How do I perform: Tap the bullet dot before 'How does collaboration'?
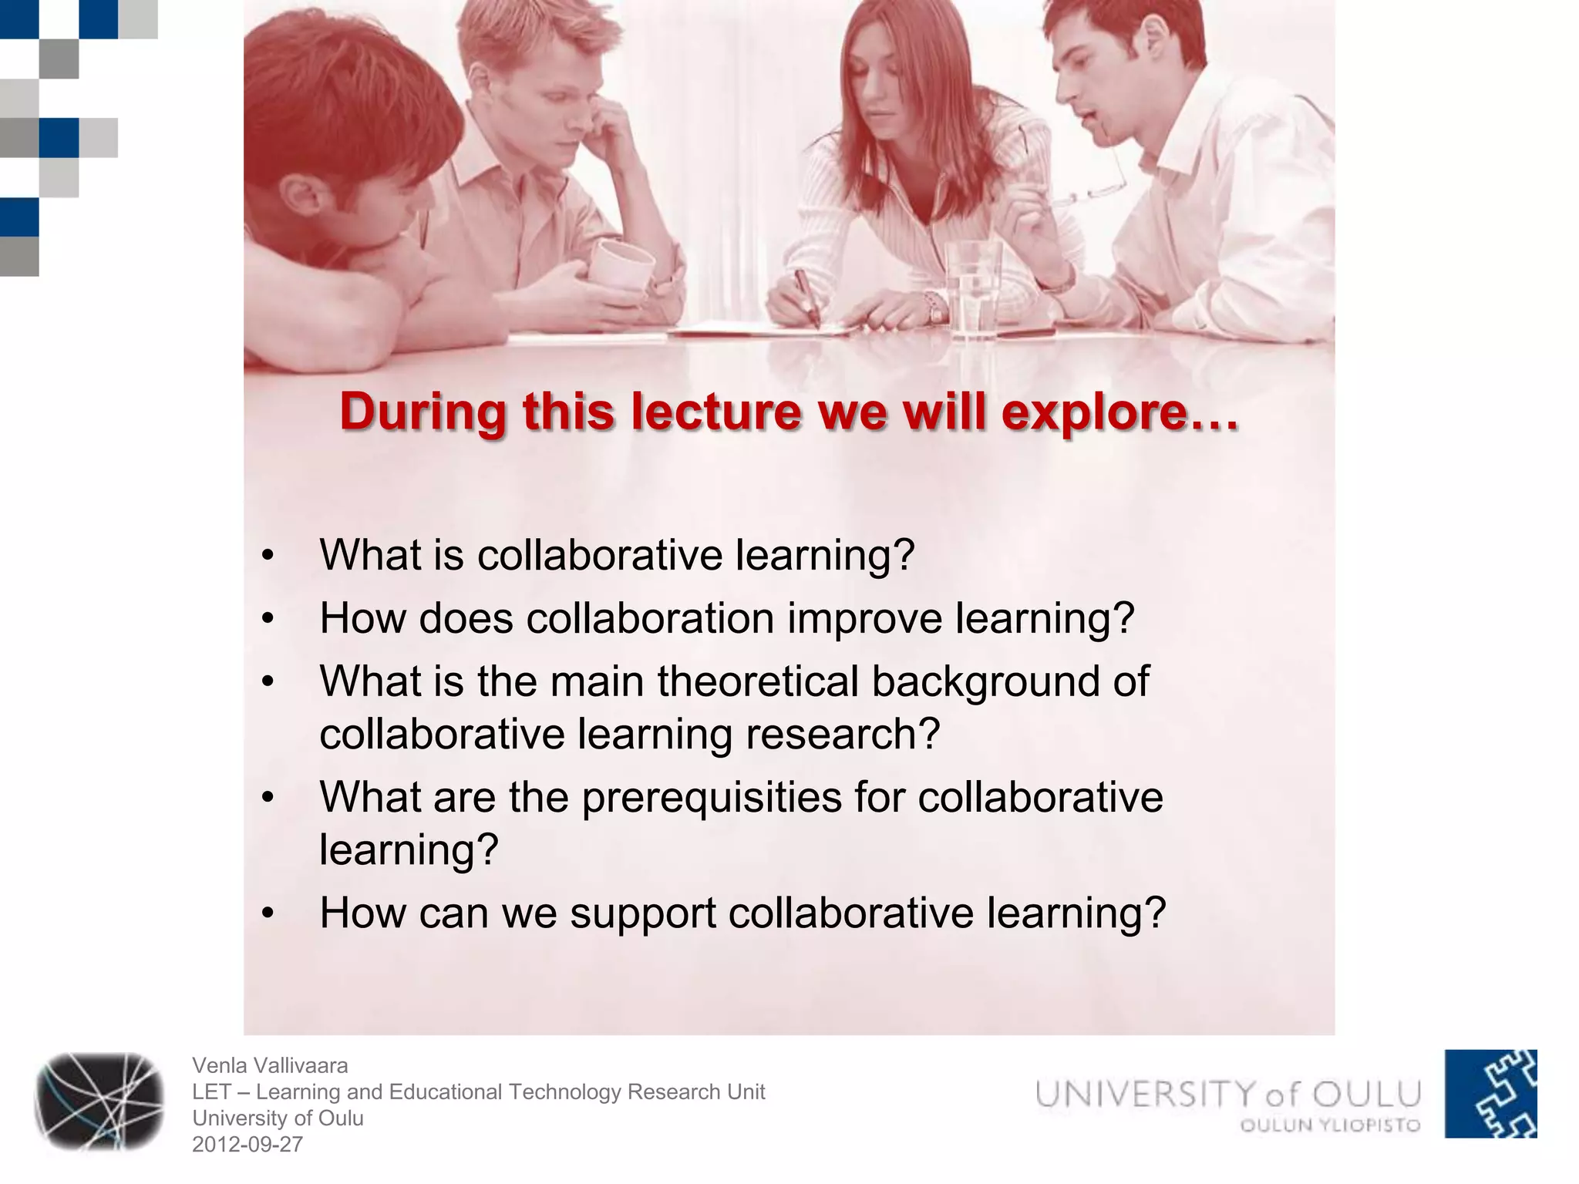click(x=268, y=618)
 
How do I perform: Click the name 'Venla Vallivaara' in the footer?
click(x=270, y=1065)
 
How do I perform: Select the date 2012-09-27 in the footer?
click(x=247, y=1144)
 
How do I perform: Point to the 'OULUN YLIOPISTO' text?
click(x=1330, y=1125)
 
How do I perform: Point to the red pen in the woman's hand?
click(x=806, y=297)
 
